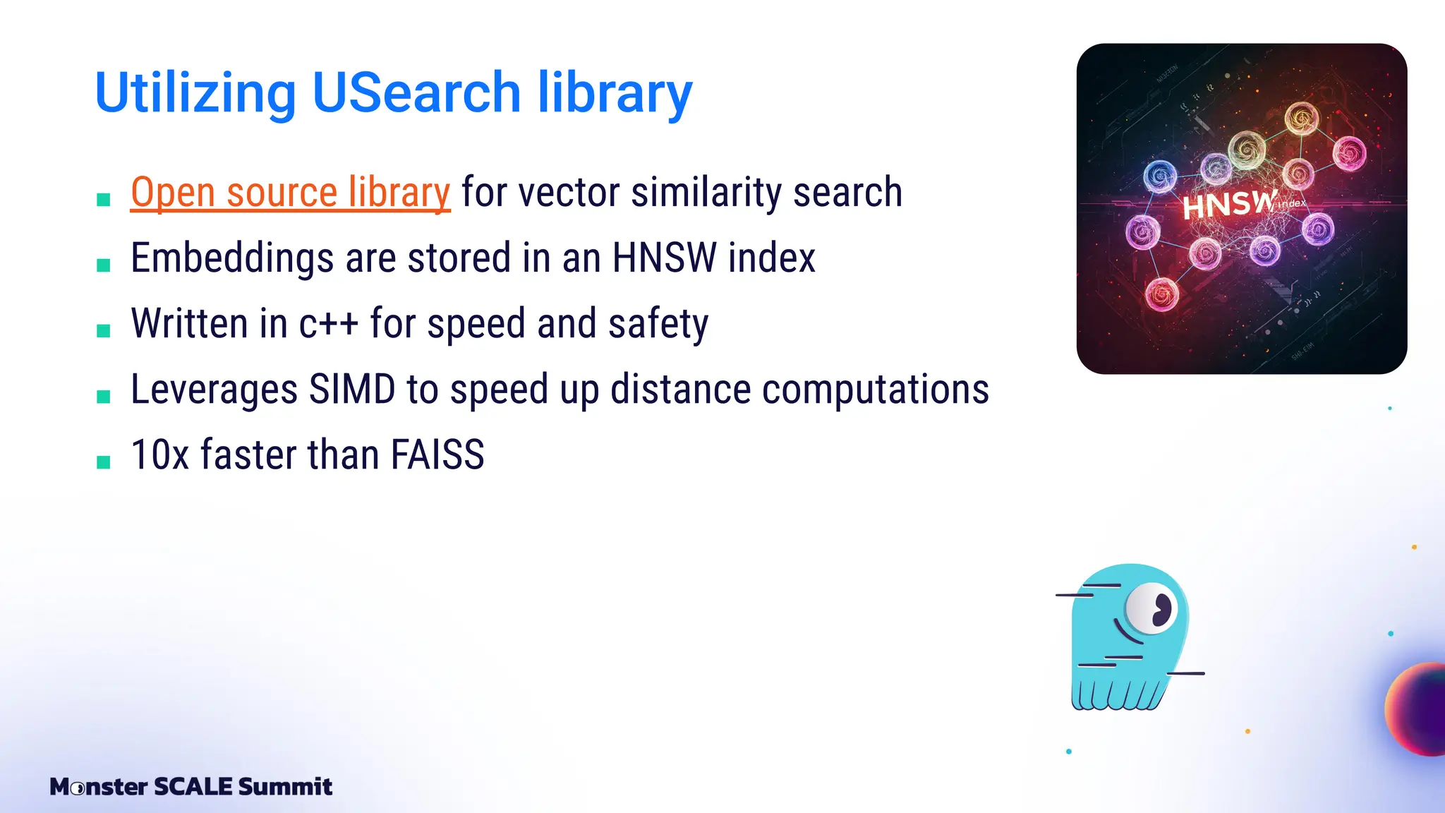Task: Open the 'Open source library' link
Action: [x=290, y=193]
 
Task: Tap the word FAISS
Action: [x=437, y=454]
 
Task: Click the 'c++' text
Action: [x=328, y=324]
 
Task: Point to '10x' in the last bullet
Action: [x=160, y=454]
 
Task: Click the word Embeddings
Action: [x=232, y=258]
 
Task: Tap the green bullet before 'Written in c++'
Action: [x=104, y=331]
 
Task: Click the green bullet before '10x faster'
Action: [x=104, y=462]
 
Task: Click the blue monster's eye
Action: [x=1151, y=607]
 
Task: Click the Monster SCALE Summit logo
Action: [x=191, y=786]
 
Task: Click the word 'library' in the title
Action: [x=615, y=94]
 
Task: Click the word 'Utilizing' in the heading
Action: [x=195, y=94]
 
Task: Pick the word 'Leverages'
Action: [x=214, y=390]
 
